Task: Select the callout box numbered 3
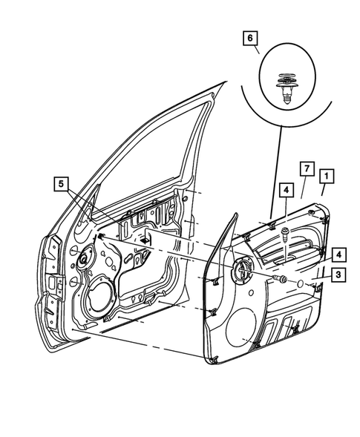pyautogui.click(x=337, y=275)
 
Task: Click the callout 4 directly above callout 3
pyautogui.click(x=337, y=254)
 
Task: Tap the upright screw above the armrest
pyautogui.click(x=285, y=236)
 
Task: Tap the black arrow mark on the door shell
pyautogui.click(x=146, y=240)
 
